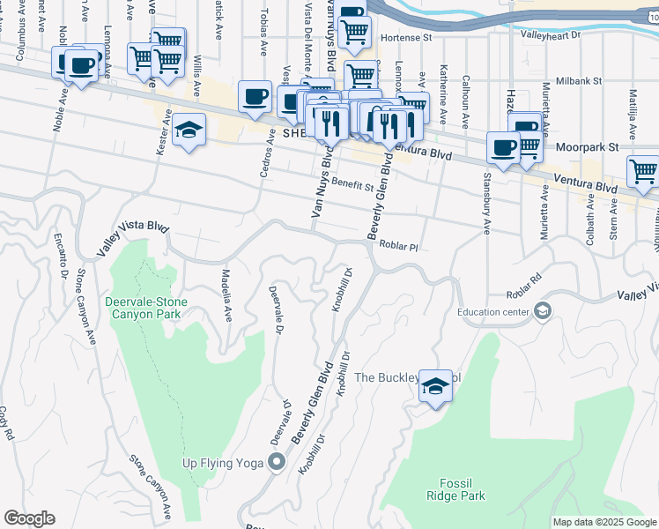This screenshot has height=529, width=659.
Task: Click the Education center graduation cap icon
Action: (x=543, y=310)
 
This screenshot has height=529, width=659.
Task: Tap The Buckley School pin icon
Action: (x=434, y=386)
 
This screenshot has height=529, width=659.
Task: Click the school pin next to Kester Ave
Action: (x=189, y=130)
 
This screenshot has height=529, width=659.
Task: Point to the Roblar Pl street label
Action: (x=397, y=248)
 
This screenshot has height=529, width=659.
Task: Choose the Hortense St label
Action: (x=410, y=38)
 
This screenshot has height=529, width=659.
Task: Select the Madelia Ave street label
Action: (x=226, y=294)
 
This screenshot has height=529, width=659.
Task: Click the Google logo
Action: (x=29, y=518)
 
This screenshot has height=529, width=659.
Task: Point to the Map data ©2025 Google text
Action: (x=604, y=522)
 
